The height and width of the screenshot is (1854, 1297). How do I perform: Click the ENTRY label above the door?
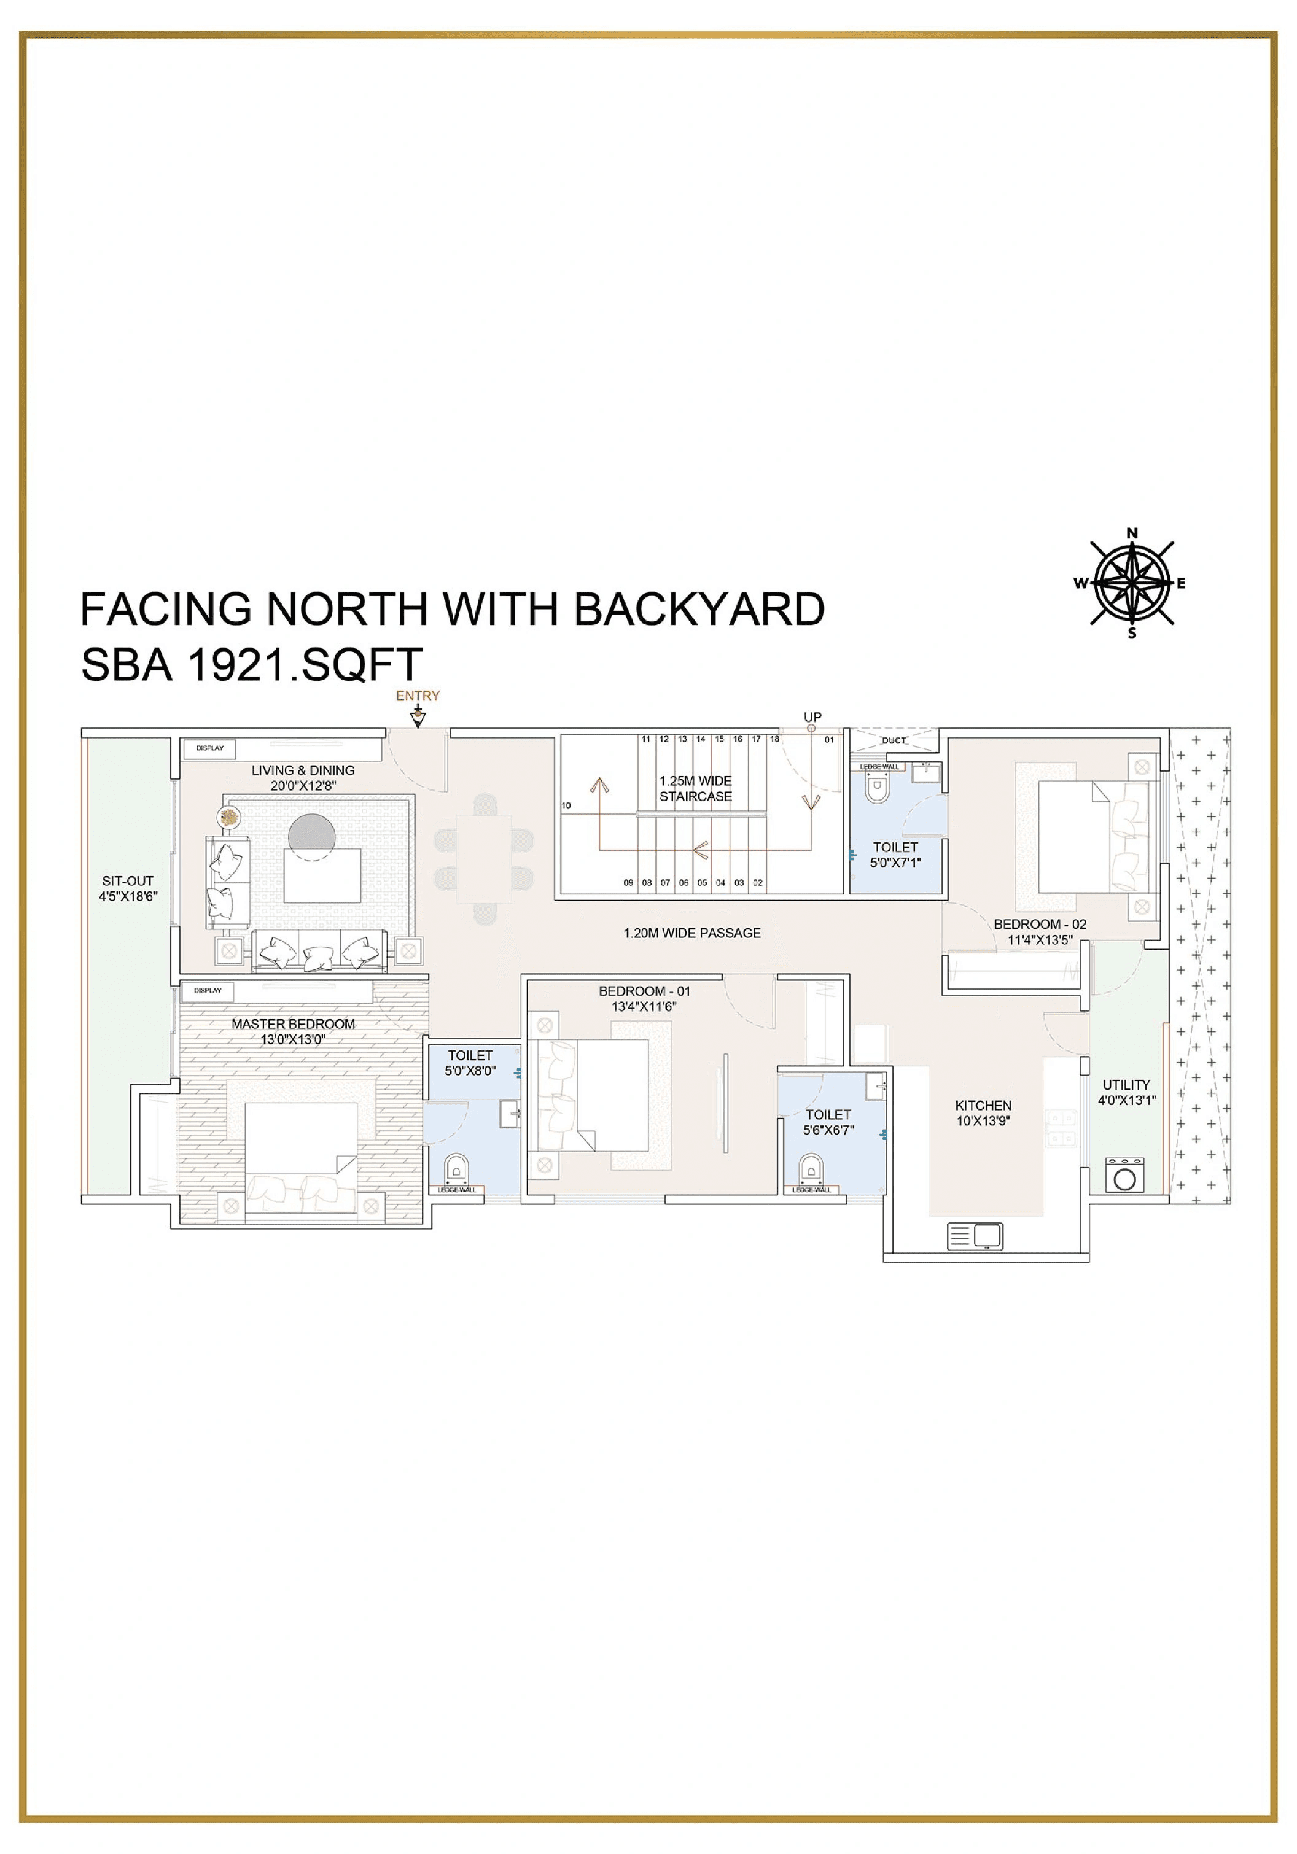coord(418,695)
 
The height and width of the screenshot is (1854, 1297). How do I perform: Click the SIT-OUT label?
coord(128,881)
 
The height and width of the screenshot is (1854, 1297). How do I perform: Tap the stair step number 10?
coord(566,805)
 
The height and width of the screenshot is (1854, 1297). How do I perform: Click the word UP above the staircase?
coord(812,717)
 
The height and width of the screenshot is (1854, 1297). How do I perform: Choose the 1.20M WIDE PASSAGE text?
coord(691,933)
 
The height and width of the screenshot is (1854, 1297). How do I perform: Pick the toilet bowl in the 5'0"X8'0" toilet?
coord(456,1168)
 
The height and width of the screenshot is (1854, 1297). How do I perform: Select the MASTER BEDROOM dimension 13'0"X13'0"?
coord(292,1039)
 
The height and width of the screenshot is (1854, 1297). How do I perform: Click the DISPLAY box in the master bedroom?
coord(208,990)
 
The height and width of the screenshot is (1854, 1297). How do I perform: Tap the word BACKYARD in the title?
coord(699,609)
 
